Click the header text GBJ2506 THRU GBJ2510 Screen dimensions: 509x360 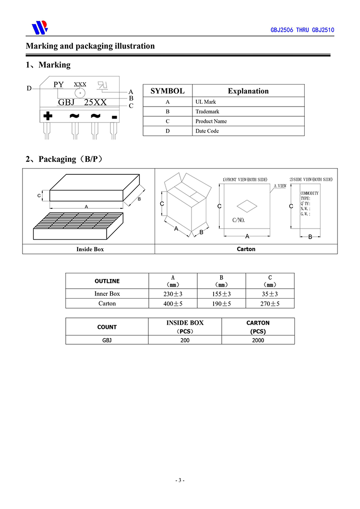(x=302, y=30)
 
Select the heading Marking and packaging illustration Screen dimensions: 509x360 (x=90, y=46)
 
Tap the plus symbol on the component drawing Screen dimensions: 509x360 (x=48, y=116)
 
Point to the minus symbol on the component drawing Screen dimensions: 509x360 (x=114, y=117)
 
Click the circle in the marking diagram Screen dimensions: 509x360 (x=80, y=93)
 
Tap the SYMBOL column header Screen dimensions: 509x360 (x=168, y=91)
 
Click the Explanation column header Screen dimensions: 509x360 (x=248, y=91)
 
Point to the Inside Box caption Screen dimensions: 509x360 (x=90, y=249)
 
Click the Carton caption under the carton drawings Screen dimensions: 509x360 (x=246, y=249)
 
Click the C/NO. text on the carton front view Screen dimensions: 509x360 (x=239, y=220)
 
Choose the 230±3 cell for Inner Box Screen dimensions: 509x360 (x=173, y=294)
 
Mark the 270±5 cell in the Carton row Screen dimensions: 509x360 (x=270, y=303)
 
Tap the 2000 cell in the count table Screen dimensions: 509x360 (x=258, y=340)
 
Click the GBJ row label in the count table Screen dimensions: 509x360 (x=107, y=340)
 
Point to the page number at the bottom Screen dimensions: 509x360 (x=180, y=480)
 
